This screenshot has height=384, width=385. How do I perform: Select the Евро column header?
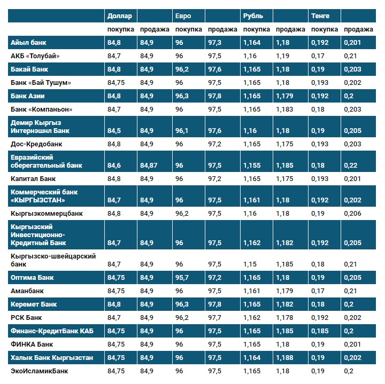[183, 16]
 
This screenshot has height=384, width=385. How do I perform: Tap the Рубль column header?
[252, 16]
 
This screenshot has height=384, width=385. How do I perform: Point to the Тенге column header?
[320, 16]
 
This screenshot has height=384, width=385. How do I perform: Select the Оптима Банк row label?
[32, 278]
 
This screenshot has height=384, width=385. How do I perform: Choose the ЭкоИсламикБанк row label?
[40, 371]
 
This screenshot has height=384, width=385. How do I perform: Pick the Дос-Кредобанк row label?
[36, 144]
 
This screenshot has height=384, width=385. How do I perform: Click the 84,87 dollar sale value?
[149, 166]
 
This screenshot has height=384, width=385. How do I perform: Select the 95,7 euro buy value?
[182, 278]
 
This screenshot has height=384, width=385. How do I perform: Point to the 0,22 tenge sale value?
[351, 166]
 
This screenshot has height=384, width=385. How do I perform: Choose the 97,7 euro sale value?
[215, 318]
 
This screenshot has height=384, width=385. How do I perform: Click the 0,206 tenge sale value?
[353, 213]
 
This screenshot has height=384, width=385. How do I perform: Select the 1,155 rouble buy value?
[252, 166]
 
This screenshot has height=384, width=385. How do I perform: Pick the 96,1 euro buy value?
[182, 130]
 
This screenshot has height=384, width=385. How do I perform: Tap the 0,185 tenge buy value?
[320, 331]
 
